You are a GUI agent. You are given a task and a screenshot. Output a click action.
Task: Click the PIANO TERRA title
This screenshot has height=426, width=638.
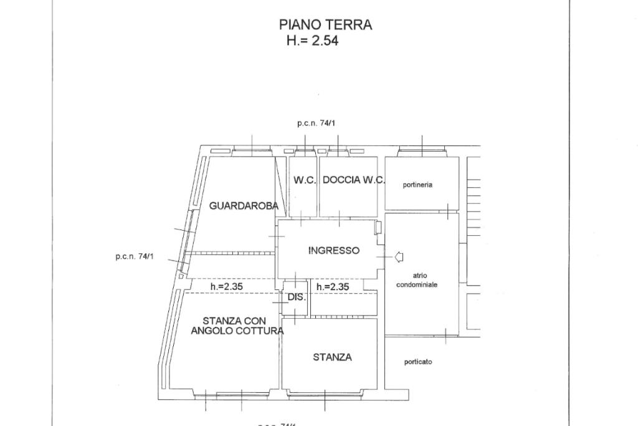coord(325,25)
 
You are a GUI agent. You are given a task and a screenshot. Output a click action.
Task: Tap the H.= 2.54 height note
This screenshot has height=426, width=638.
coord(312,41)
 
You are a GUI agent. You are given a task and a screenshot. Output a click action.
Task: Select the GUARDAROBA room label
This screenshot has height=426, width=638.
coord(244,205)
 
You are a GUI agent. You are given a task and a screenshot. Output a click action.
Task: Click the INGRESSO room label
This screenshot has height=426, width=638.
coord(334,251)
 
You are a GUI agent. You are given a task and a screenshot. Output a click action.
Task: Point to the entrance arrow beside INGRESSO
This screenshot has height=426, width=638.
coord(399,256)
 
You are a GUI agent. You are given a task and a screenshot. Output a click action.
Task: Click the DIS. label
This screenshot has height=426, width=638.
coord(297,298)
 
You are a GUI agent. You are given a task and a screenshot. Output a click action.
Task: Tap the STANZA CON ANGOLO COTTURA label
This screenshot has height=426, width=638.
coord(237,326)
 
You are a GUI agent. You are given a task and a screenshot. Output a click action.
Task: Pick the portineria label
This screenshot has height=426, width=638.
coord(417,185)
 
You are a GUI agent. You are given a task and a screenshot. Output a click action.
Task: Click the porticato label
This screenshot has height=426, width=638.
coord(418,362)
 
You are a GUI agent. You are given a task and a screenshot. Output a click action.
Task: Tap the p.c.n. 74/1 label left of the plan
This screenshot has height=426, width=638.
coord(134,256)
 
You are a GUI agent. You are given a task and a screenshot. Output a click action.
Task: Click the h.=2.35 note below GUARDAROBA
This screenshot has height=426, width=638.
coord(226,287)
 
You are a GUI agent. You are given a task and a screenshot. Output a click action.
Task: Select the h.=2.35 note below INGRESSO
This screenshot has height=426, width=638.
coord(332,287)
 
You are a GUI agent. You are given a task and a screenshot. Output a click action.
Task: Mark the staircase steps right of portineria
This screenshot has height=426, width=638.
coord(474,200)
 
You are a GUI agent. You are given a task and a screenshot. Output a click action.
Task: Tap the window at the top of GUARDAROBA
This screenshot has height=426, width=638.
coord(252,150)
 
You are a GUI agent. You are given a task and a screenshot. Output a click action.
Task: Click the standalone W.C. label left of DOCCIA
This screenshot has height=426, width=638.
coord(305,180)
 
